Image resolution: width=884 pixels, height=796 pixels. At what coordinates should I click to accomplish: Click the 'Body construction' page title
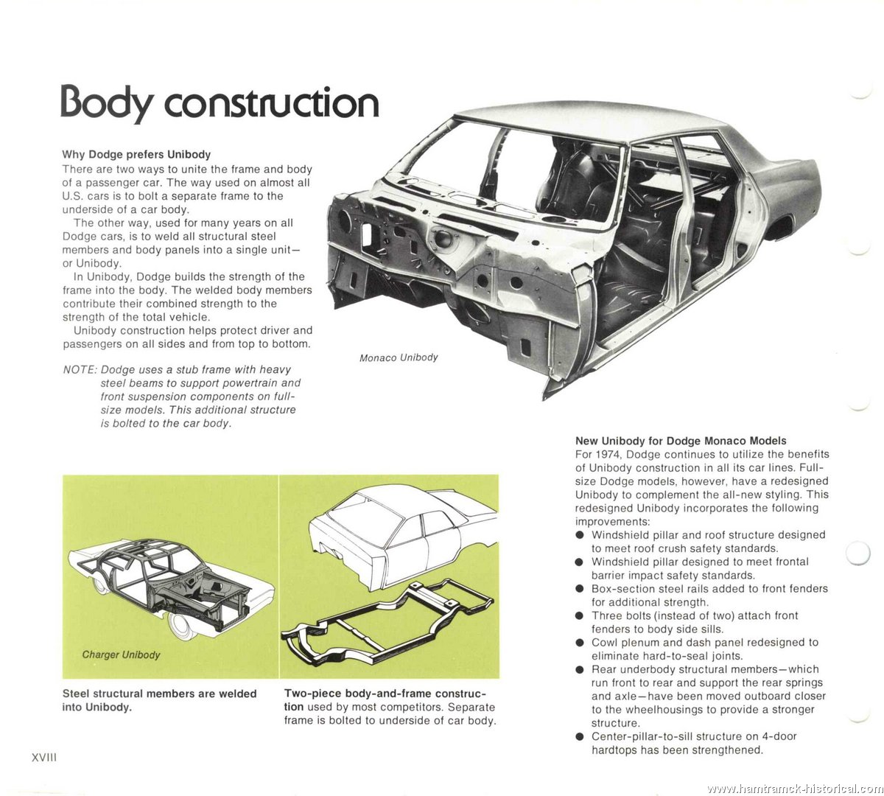click(x=220, y=102)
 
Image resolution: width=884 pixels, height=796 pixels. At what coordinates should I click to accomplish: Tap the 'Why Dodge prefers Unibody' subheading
click(x=136, y=154)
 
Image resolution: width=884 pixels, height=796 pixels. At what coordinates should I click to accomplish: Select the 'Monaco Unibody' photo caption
click(x=399, y=357)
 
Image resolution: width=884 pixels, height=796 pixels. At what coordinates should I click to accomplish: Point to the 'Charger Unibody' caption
click(x=122, y=655)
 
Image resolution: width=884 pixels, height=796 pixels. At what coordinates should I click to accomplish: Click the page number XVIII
click(x=44, y=758)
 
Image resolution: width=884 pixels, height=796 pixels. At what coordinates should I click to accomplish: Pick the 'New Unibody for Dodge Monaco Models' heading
click(x=681, y=441)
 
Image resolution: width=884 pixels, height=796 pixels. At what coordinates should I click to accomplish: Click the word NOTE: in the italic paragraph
click(x=80, y=369)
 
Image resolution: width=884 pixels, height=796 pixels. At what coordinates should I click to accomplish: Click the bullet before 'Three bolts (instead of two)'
click(x=580, y=616)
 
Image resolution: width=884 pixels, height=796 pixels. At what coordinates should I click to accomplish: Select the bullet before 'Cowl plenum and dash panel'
click(x=580, y=643)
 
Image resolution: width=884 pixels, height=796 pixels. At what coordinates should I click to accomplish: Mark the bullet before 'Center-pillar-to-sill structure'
click(x=580, y=737)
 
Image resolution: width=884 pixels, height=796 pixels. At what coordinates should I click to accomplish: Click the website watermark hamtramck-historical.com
click(x=793, y=789)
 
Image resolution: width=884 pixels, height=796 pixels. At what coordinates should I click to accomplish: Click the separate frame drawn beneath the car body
click(x=387, y=623)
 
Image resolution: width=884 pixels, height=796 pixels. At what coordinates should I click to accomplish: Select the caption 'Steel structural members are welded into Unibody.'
click(x=160, y=700)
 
